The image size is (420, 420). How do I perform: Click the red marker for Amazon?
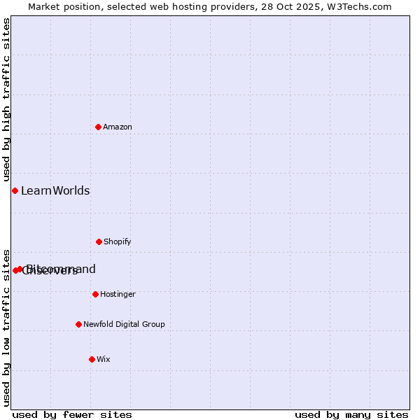click(98, 127)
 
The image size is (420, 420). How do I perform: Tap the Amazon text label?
click(118, 127)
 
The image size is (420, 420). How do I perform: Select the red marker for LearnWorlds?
click(15, 190)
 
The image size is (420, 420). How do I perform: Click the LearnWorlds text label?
click(55, 190)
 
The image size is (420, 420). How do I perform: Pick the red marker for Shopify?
click(99, 241)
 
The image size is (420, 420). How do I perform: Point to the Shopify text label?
click(118, 241)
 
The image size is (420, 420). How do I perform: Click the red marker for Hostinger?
click(95, 294)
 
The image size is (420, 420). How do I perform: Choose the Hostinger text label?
click(118, 294)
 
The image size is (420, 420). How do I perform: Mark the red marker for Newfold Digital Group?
click(78, 324)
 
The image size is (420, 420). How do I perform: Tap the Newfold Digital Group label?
click(124, 324)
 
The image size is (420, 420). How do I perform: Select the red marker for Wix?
click(92, 359)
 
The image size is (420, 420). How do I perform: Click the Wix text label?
click(104, 359)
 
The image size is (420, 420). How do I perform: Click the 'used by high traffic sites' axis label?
click(6, 100)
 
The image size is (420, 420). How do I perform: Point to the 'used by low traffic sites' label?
click(6, 328)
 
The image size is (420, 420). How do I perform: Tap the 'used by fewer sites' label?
click(72, 414)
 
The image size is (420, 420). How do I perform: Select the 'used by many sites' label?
click(351, 414)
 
